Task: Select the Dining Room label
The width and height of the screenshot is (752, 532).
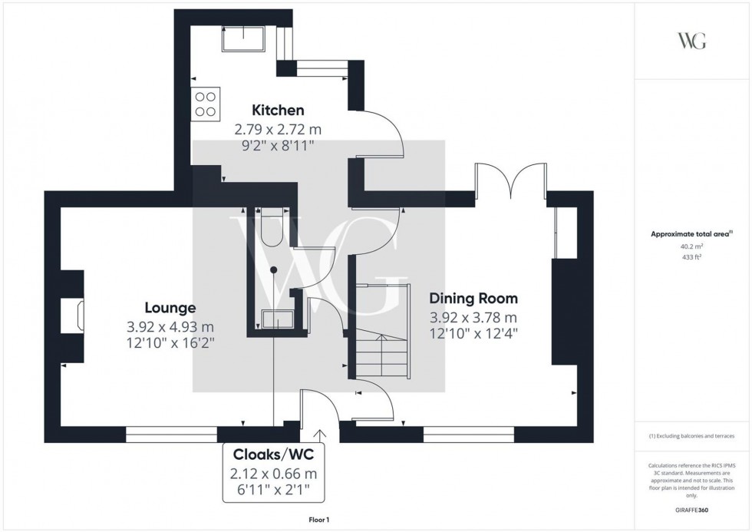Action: pos(473,299)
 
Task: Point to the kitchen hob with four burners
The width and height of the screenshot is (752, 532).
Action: pos(205,104)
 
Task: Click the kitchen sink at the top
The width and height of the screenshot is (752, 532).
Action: pos(243,38)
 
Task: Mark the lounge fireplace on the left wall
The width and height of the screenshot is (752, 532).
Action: pos(78,316)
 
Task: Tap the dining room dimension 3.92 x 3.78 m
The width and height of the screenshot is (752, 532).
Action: pos(473,317)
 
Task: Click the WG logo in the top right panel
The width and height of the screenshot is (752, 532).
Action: pos(692,41)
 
